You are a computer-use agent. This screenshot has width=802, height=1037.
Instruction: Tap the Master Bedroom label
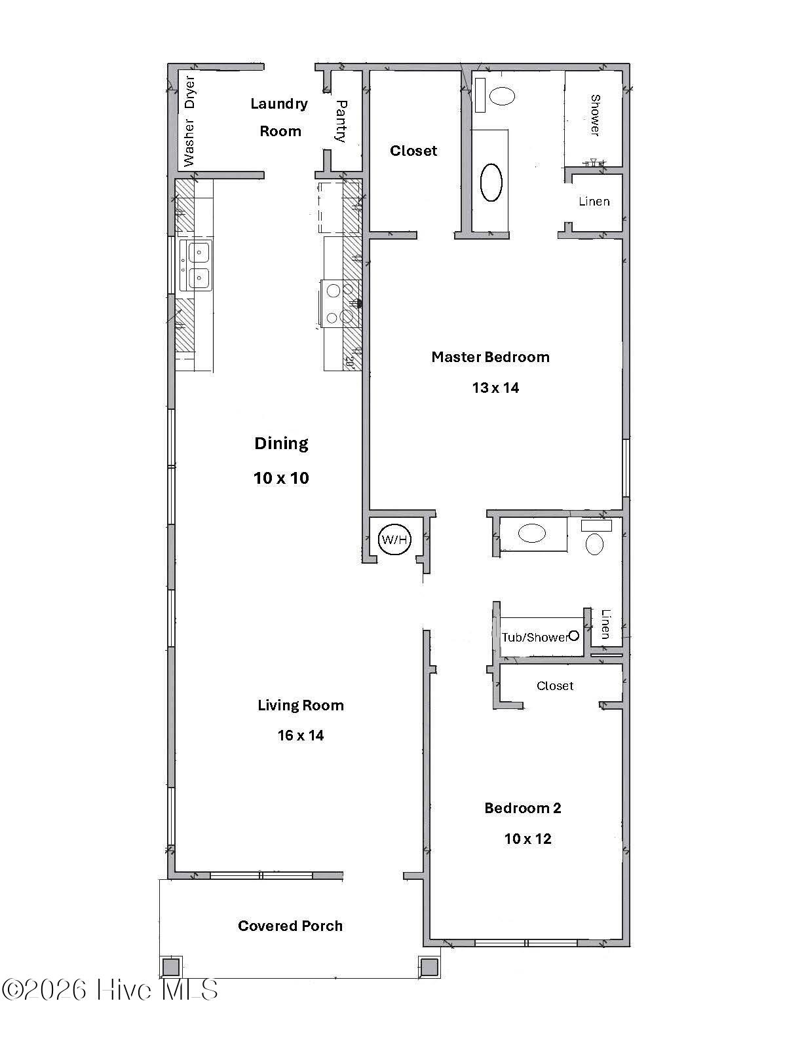(x=490, y=357)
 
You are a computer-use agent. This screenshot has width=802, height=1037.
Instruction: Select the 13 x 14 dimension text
(x=495, y=388)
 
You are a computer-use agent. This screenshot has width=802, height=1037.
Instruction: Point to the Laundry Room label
(x=280, y=117)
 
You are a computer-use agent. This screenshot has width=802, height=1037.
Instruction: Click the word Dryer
(x=190, y=92)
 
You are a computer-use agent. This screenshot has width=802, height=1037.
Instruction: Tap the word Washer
(x=189, y=143)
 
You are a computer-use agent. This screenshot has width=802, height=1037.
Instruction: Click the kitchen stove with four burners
(x=340, y=303)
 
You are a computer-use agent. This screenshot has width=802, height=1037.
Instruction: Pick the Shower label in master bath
(x=595, y=116)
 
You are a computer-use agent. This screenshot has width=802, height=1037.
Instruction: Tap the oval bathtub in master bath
(x=491, y=182)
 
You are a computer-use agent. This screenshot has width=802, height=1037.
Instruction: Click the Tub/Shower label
(x=535, y=637)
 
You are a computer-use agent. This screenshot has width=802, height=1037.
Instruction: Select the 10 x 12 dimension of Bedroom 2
(x=527, y=839)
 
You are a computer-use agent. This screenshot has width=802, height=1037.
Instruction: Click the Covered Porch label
(x=290, y=926)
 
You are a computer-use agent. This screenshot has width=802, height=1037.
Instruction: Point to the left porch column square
(x=171, y=966)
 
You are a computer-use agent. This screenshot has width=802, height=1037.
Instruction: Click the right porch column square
(x=429, y=966)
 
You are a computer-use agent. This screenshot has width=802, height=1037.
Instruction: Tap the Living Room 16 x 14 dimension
(x=301, y=736)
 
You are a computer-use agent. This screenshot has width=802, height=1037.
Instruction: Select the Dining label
(x=281, y=444)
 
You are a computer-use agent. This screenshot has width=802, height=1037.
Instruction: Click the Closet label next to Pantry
(x=413, y=151)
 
